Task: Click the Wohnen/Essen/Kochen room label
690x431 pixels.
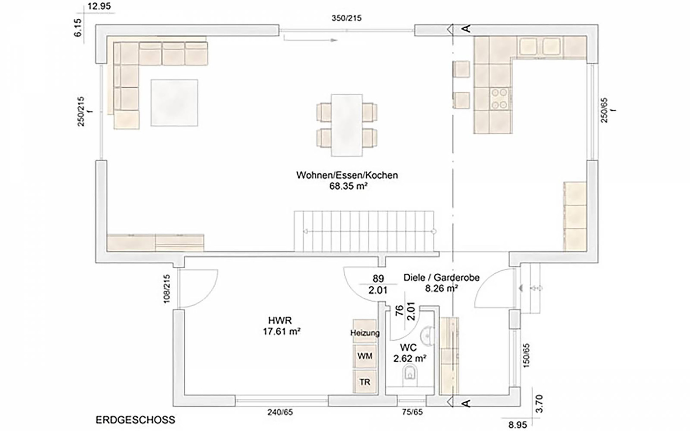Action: point(347,175)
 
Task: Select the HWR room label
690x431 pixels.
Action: point(280,320)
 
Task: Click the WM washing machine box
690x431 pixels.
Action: point(365,356)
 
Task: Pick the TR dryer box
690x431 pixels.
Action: point(365,382)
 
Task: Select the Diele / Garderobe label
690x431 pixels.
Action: point(441,277)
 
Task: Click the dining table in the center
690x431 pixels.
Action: point(347,125)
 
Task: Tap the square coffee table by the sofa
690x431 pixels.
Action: point(174,103)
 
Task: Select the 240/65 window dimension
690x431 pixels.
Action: point(280,412)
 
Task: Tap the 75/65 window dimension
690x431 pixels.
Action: point(412,412)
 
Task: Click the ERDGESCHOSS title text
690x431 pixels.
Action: point(135,420)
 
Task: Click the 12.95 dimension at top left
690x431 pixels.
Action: point(99,6)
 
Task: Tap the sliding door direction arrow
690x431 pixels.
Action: point(311,40)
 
